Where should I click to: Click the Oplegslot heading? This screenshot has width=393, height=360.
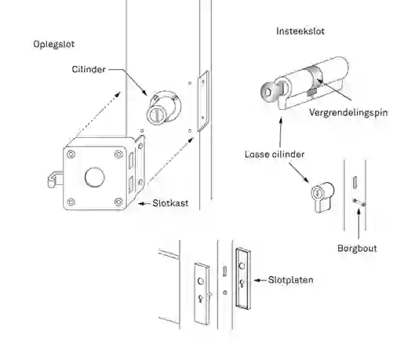54,45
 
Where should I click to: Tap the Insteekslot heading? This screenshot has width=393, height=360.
300,31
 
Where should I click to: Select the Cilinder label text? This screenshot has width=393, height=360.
89,70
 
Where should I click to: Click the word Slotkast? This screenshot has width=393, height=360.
170,203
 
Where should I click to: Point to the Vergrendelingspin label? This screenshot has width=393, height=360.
348,113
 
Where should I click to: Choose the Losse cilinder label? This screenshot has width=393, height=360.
275,155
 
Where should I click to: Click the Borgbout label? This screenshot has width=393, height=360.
357,248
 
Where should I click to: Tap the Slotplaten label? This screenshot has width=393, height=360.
291,280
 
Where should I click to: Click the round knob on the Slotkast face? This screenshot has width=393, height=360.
95,177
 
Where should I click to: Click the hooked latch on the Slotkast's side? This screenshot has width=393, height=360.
54,180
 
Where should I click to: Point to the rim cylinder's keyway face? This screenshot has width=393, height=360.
156,115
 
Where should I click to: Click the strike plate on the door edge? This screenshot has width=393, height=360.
203,100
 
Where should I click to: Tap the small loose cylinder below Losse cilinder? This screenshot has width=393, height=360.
322,197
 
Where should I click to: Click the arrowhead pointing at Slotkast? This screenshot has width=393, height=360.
141,203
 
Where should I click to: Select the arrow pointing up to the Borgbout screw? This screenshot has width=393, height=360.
358,223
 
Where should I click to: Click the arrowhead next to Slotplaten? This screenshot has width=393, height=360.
257,280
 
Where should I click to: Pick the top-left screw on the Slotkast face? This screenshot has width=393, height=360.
71,155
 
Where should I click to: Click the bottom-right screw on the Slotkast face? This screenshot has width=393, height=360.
118,202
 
